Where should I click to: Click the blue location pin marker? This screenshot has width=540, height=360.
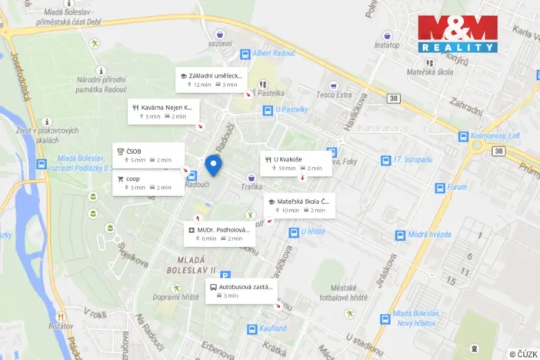(x=214, y=165)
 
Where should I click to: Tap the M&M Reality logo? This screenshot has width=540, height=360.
(x=458, y=34)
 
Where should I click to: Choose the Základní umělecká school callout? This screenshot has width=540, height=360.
(x=211, y=80)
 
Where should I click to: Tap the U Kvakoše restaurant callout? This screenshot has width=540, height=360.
(x=296, y=163)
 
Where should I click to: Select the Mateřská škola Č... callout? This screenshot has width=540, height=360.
(x=302, y=205)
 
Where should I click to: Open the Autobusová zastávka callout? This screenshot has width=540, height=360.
(x=240, y=291)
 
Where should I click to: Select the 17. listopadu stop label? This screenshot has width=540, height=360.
(x=412, y=160)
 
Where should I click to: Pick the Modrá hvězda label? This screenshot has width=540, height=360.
(x=429, y=234)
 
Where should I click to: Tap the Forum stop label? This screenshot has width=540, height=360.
(x=457, y=187)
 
